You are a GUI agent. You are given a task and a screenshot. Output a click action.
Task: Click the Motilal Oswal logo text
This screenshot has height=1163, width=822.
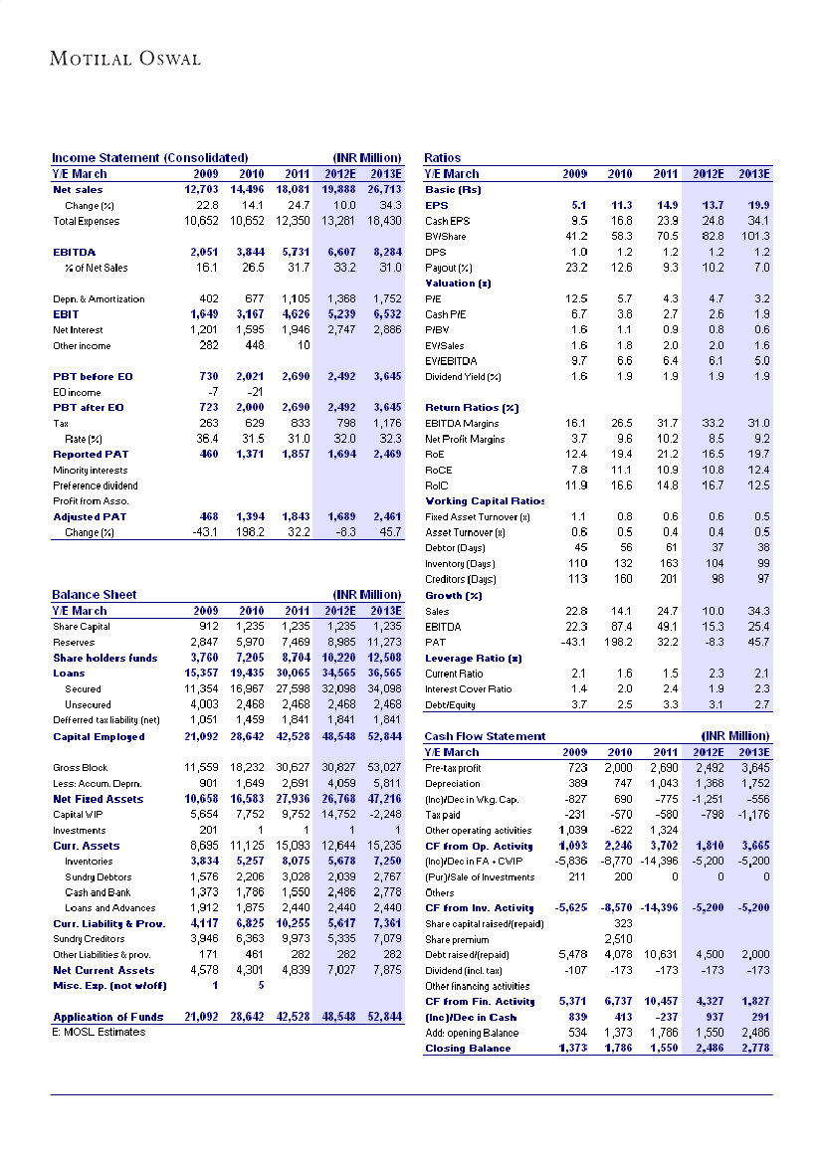125,59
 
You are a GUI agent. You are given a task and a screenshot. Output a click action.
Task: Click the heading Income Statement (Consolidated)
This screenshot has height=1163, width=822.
149,158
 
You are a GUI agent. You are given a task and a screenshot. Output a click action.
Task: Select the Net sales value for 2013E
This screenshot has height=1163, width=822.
383,189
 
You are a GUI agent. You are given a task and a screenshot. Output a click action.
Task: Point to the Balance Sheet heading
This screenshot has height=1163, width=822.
94,595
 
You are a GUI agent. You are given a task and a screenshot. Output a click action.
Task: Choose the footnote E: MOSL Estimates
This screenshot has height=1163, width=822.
99,1032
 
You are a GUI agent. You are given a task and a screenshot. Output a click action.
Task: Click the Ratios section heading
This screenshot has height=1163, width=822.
442,158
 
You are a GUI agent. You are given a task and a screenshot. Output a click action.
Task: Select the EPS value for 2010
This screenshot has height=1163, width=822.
620,205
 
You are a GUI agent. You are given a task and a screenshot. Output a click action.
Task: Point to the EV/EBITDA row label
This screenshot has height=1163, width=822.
453,361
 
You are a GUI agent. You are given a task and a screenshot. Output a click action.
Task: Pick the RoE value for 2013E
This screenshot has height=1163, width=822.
756,454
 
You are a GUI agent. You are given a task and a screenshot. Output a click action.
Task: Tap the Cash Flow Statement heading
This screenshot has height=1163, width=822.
485,736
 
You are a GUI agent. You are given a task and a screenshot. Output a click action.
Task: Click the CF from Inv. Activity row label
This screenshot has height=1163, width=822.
480,908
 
